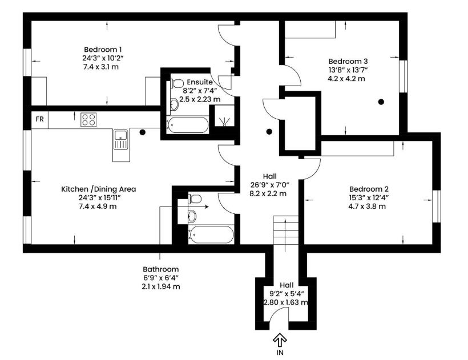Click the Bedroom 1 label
103,50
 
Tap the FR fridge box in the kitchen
40,119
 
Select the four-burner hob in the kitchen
88,119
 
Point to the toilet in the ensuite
177,83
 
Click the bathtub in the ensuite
187,125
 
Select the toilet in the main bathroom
195,199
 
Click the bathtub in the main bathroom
211,234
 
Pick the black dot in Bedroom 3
381,102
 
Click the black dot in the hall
269,131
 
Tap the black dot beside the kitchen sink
143,132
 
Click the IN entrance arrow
280,339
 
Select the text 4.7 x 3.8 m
367,207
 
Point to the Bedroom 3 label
348,62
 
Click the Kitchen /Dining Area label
99,189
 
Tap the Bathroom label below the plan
160,269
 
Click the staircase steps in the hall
286,230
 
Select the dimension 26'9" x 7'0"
270,185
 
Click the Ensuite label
200,82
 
